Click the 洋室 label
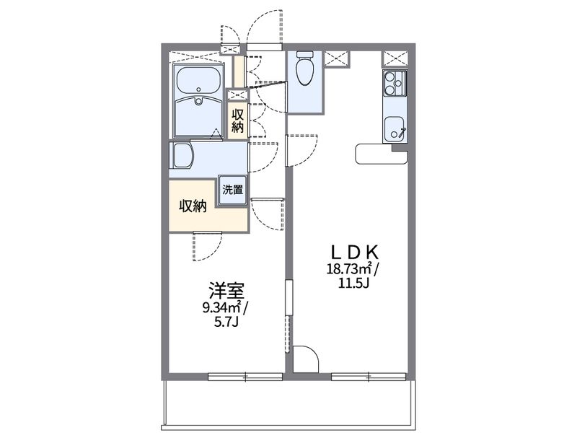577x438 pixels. point(226,292)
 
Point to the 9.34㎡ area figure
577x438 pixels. point(222,309)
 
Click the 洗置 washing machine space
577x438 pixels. point(232,190)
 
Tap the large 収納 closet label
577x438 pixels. point(193,206)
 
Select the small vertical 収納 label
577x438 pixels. point(237,120)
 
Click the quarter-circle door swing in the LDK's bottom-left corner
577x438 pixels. point(305,359)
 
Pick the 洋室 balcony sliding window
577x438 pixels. point(245,376)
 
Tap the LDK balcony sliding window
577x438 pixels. point(369,376)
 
